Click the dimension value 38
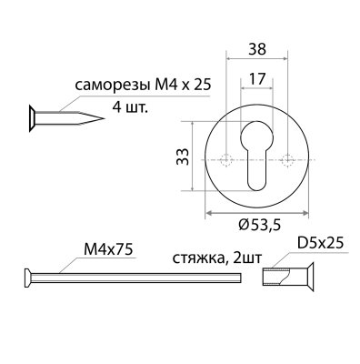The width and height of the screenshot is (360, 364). (x=257, y=49)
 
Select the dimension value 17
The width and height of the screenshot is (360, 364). (x=257, y=79)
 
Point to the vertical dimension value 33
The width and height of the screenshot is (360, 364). (x=183, y=157)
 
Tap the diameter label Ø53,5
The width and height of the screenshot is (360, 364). (x=259, y=225)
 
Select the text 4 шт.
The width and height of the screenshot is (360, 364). (x=130, y=106)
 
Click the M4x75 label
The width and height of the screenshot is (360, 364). (x=108, y=250)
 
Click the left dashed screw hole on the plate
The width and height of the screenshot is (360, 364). (x=225, y=160)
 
